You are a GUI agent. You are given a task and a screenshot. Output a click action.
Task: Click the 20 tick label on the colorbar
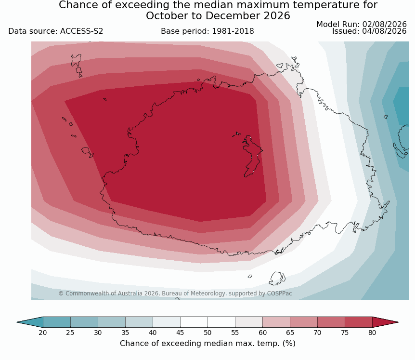[x=43, y=333]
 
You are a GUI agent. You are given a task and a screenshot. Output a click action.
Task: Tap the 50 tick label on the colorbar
[x=207, y=333]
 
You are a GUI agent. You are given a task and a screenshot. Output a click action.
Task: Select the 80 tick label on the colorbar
[x=372, y=333]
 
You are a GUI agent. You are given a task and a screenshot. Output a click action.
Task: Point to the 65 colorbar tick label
[x=290, y=333]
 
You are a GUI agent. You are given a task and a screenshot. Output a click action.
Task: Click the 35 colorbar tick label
[x=125, y=333]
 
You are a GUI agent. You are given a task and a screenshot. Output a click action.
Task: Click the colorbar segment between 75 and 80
[x=359, y=322]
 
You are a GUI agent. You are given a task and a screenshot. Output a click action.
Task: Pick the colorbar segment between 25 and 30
[x=84, y=322]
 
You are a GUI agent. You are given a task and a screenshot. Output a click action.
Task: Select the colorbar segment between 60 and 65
[x=276, y=322]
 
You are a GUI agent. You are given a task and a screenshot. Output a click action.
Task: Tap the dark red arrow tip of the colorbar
[x=385, y=322]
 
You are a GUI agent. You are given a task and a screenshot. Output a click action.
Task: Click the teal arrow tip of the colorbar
[x=30, y=322]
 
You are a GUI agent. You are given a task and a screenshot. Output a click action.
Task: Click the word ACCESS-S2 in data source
[x=81, y=31]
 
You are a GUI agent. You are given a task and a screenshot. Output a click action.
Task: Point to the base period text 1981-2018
[x=233, y=31]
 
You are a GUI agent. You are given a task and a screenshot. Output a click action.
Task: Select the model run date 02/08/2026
[x=384, y=25]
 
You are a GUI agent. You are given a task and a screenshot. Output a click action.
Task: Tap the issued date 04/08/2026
[x=384, y=31]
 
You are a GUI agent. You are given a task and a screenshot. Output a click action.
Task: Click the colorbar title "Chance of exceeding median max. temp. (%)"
[x=207, y=344]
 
